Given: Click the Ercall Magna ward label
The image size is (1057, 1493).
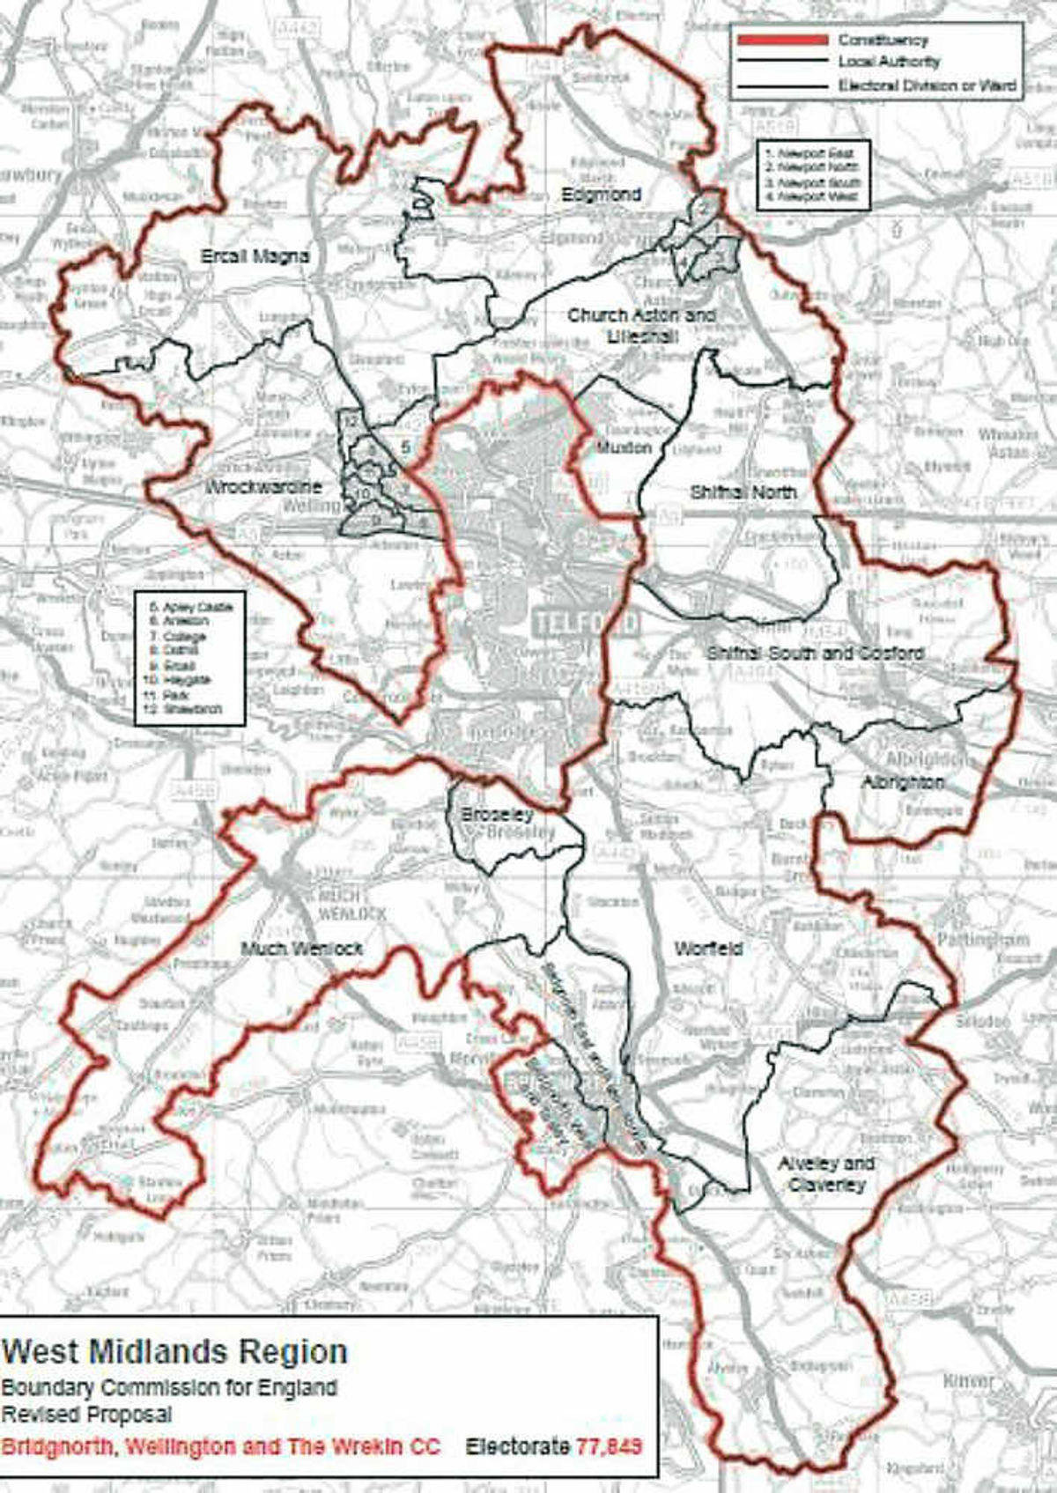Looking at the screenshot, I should point(255,256).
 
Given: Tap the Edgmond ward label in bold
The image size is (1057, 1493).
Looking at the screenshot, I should point(602,195).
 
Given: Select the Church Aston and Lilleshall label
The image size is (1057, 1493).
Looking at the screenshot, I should point(641,325).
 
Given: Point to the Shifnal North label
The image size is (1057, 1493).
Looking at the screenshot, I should point(743,492).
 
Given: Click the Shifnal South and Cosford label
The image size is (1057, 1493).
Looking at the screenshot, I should point(815,654).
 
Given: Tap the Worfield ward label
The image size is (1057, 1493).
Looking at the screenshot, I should point(707,949).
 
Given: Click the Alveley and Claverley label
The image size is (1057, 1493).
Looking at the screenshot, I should point(825,1173).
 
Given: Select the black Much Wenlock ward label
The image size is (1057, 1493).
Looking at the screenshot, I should point(301,949).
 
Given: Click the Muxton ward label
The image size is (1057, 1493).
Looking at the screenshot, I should point(624,447).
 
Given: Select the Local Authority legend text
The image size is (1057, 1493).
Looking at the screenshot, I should point(888,63).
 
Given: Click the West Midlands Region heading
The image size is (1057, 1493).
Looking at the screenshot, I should point(175,1351).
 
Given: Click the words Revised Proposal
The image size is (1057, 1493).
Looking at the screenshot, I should point(87,1415).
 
